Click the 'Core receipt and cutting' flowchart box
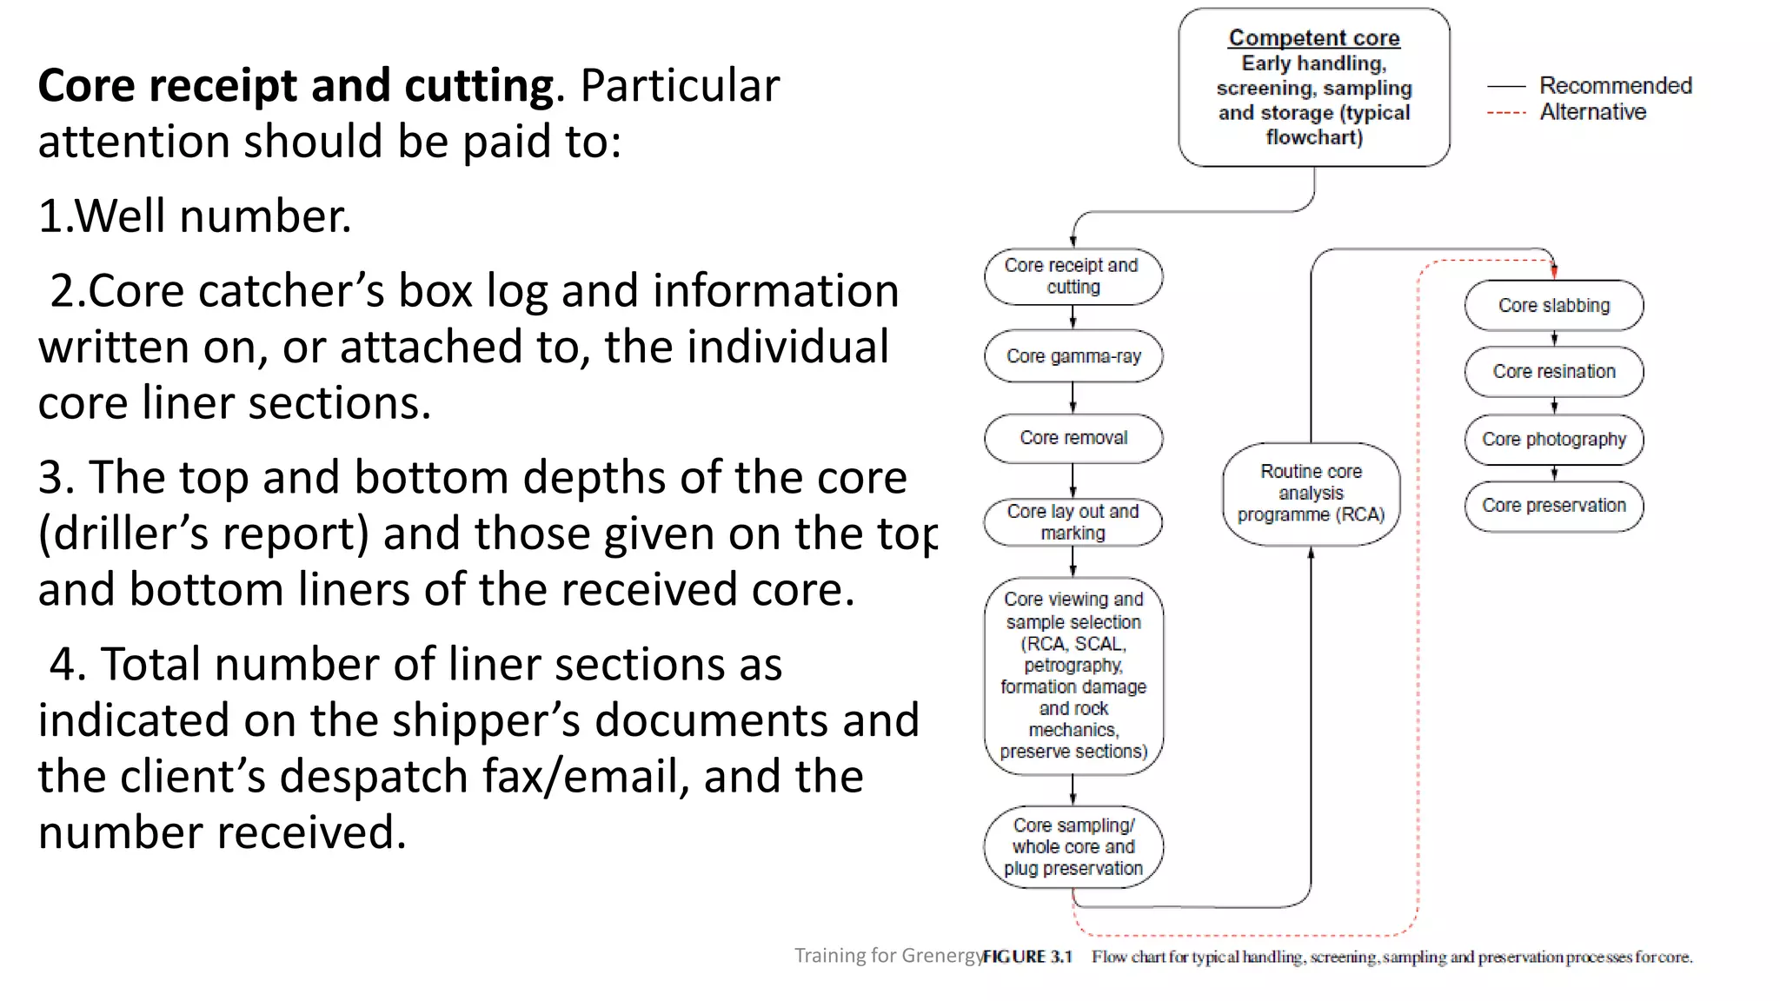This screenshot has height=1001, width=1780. [x=1073, y=276]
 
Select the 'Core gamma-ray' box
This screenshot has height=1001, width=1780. [x=1073, y=356]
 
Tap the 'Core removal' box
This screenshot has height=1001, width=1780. [x=1073, y=438]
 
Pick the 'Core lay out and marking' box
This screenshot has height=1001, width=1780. [x=1073, y=522]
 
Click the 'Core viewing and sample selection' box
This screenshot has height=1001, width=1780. [x=1073, y=675]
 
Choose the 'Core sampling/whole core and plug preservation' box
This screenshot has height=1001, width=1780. [x=1073, y=846]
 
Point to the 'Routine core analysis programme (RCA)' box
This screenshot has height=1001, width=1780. [x=1311, y=494]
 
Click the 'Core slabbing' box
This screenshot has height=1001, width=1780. [x=1553, y=306]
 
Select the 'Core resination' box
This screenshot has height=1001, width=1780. [x=1553, y=372]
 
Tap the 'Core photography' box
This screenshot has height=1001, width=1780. [x=1553, y=440]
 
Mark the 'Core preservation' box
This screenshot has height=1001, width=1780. [x=1553, y=506]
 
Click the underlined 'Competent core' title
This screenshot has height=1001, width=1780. [x=1313, y=38]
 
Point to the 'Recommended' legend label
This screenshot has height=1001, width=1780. [x=1615, y=86]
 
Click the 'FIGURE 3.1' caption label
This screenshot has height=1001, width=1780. [x=1027, y=957]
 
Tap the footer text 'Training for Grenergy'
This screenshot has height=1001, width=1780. [x=888, y=956]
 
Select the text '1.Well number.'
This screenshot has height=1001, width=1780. [x=195, y=215]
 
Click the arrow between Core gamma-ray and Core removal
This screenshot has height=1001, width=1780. [x=1073, y=398]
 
